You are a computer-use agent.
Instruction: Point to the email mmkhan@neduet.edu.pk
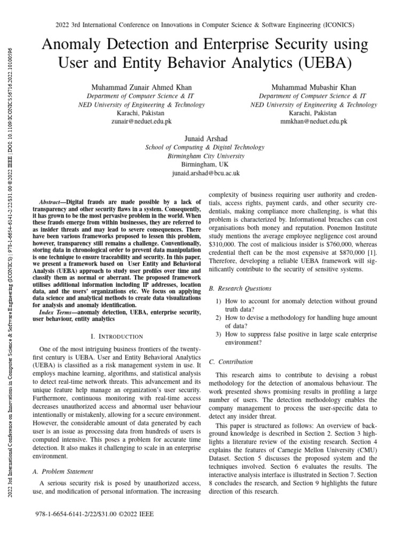(x=313, y=121)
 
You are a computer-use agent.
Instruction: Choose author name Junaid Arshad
(x=205, y=139)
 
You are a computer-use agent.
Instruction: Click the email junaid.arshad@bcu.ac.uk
(x=205, y=173)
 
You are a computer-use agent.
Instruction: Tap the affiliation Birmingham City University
(x=205, y=156)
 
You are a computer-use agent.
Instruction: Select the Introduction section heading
(x=117, y=336)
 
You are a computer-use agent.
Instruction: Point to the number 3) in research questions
(x=219, y=334)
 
